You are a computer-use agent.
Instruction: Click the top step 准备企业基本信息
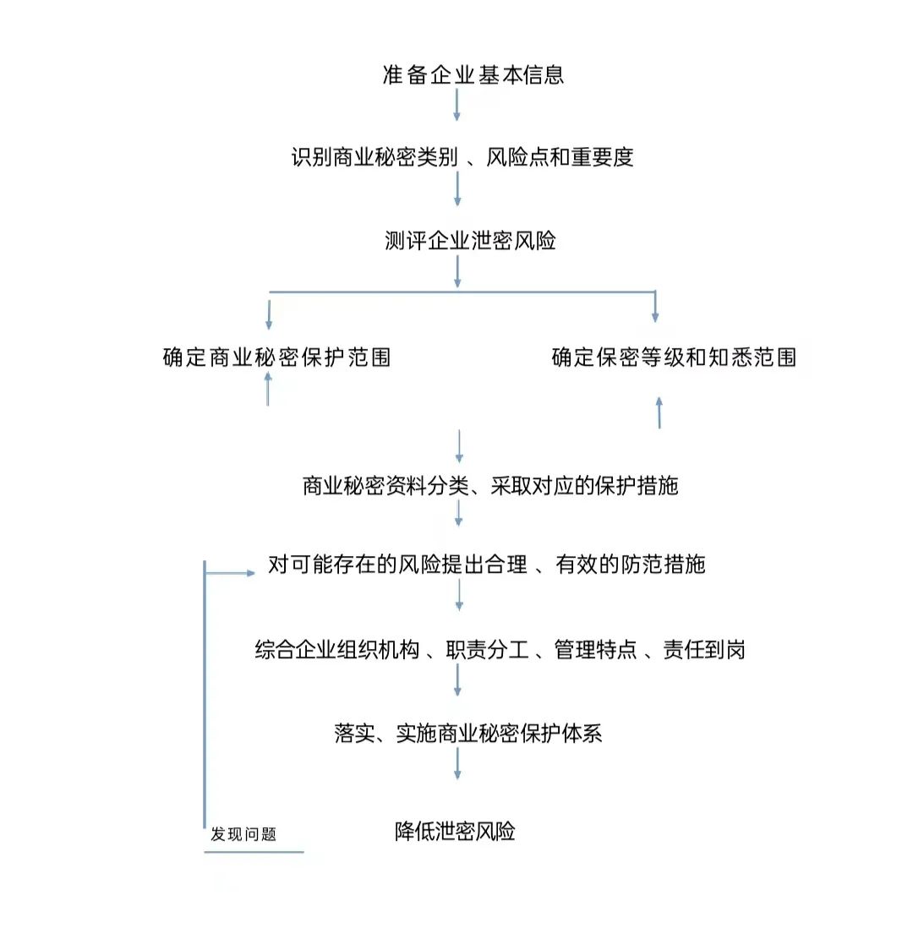point(473,74)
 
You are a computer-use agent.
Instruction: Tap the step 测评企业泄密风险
point(470,241)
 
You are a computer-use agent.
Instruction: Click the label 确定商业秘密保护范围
point(276,357)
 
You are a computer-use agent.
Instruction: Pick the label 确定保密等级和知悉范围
point(674,357)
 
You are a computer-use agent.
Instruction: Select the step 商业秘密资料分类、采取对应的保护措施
point(489,486)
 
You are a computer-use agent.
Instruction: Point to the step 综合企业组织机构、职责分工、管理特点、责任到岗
point(500,650)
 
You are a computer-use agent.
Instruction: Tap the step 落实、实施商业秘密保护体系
point(467,733)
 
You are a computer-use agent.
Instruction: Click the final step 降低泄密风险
point(455,832)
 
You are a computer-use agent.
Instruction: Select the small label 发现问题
point(243,835)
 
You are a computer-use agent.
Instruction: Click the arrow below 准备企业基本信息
point(456,104)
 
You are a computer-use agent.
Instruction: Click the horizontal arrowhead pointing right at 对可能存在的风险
point(249,573)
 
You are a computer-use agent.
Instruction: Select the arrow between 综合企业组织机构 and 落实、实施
point(457,679)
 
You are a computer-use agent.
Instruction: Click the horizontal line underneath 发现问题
point(254,852)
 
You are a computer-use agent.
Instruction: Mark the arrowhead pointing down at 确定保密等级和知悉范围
point(655,315)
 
